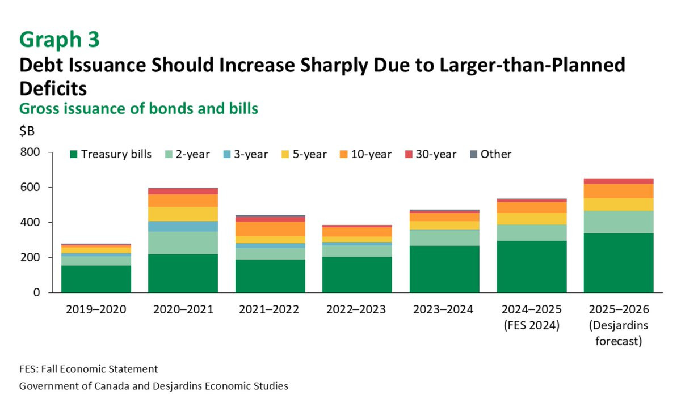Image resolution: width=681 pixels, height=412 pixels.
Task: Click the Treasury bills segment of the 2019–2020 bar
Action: (x=96, y=279)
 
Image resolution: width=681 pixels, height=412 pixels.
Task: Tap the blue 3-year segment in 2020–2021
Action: (x=183, y=226)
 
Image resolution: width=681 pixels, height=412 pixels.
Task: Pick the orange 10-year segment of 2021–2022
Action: (x=270, y=228)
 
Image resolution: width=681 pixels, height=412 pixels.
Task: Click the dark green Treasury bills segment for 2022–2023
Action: (x=357, y=274)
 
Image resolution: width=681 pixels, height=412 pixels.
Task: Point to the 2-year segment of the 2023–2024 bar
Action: (x=444, y=237)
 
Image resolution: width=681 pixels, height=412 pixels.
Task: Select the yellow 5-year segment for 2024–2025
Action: (x=531, y=218)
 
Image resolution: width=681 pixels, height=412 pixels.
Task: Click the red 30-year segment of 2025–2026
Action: (x=618, y=181)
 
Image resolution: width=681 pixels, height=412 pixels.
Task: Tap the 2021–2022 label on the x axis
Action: (x=270, y=309)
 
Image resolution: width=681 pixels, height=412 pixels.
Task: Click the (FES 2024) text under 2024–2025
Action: (x=531, y=326)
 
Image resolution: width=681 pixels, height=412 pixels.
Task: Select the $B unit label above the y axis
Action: (x=27, y=131)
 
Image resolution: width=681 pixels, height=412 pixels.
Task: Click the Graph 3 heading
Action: (x=60, y=40)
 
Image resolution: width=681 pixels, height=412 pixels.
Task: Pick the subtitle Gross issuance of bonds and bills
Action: (x=138, y=108)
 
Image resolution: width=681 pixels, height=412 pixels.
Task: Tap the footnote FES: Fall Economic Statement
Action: (x=89, y=369)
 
